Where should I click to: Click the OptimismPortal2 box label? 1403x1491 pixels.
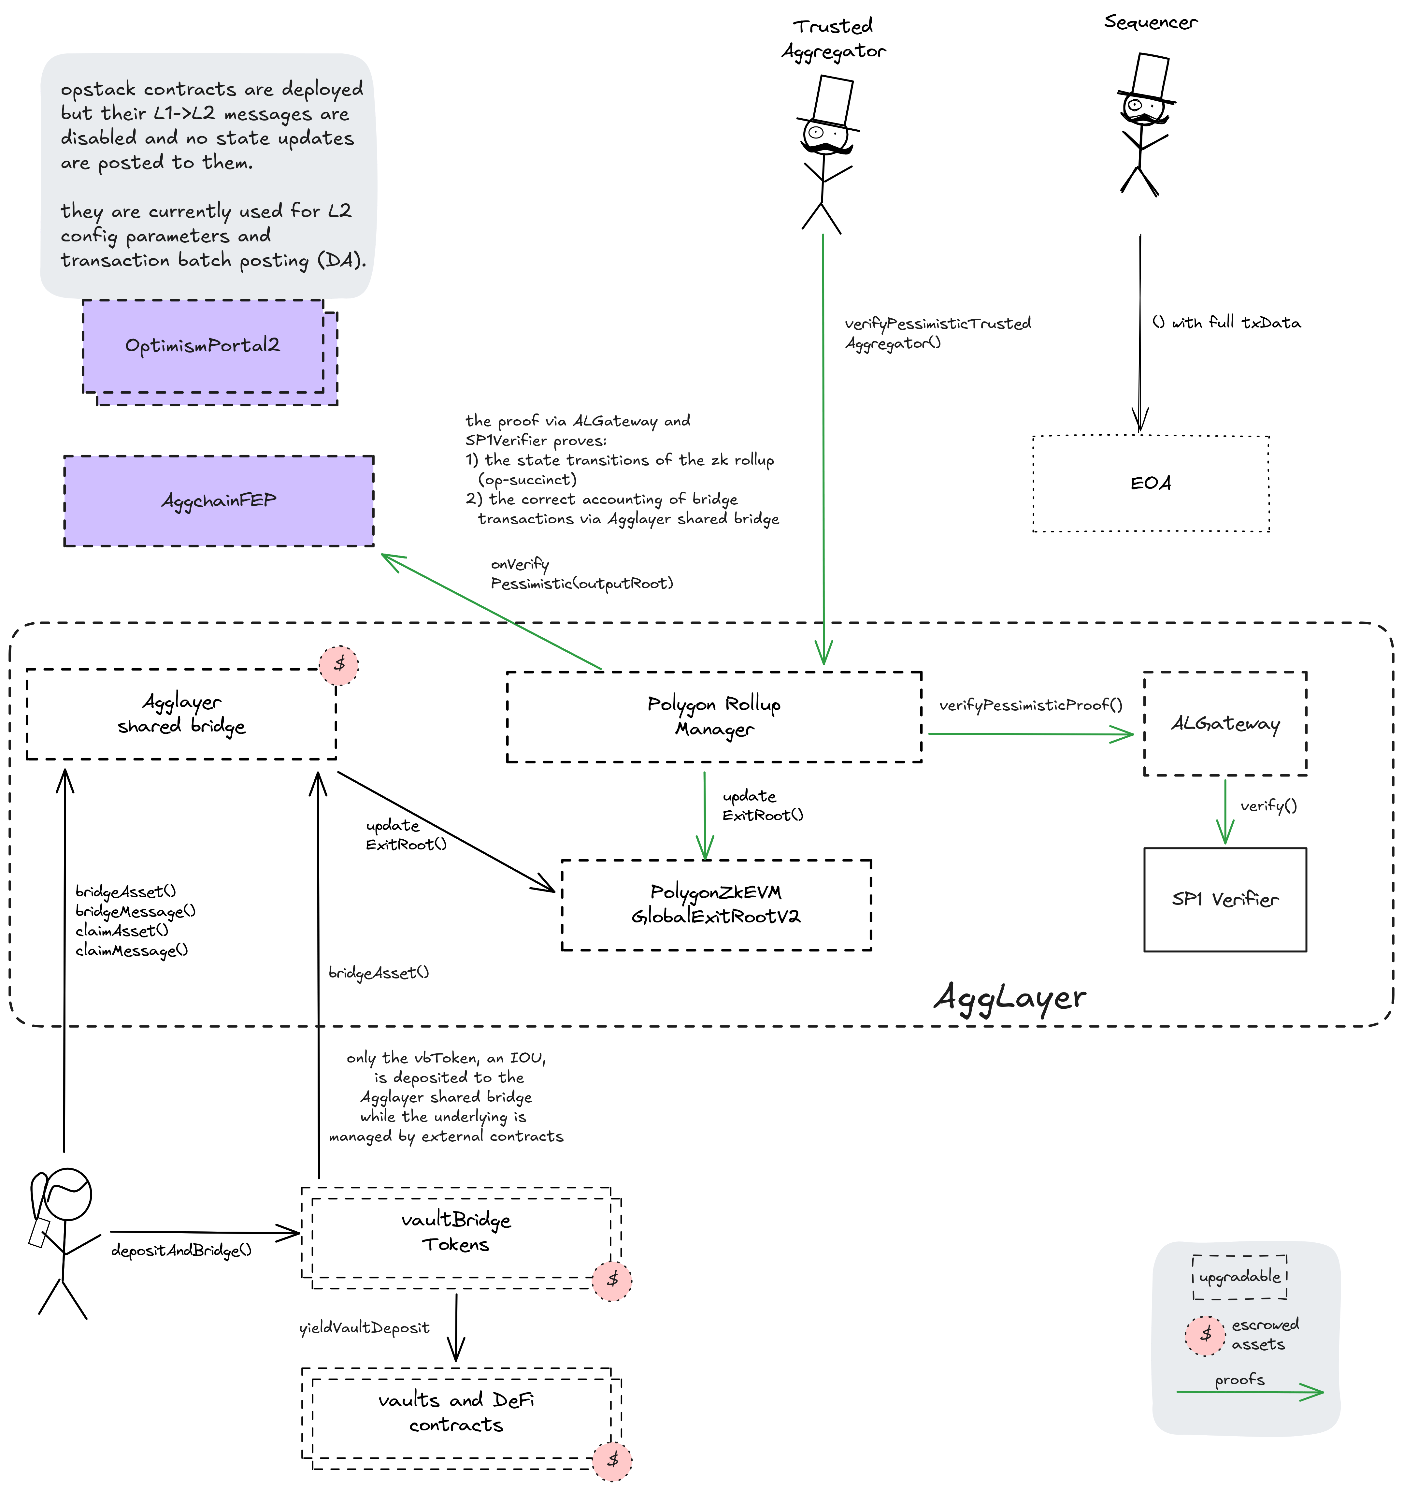[x=203, y=346]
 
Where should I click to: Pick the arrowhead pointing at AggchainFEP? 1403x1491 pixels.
[x=390, y=559]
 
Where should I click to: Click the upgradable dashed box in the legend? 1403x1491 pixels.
[x=1239, y=1277]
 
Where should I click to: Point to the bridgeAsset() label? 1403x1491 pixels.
[x=379, y=973]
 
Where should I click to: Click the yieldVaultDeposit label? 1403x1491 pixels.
[x=365, y=1327]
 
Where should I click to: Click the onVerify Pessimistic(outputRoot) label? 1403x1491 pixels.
[x=581, y=574]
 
